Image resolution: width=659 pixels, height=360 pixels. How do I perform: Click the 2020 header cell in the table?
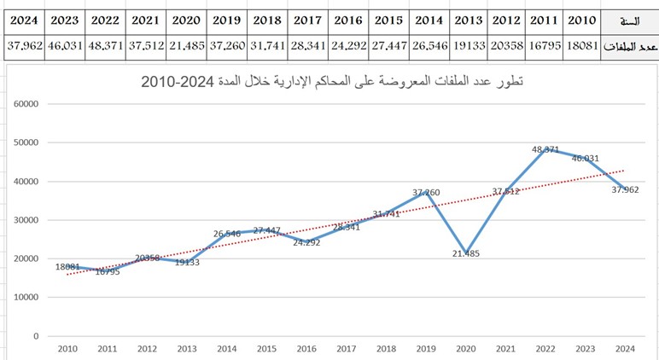click(185, 20)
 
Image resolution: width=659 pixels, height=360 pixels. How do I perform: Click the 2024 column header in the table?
click(23, 20)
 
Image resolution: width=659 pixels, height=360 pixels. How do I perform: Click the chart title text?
click(333, 82)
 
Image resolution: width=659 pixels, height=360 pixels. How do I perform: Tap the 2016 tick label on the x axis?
click(307, 348)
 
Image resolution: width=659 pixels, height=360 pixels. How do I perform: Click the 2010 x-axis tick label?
click(67, 348)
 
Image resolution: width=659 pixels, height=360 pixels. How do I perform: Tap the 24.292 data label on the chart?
click(307, 241)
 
